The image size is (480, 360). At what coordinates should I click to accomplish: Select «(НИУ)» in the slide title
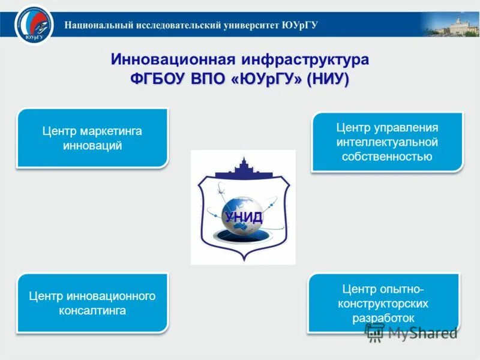328,79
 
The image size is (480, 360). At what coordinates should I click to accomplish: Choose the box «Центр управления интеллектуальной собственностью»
387,142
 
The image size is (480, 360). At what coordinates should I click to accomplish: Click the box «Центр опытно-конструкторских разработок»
383,303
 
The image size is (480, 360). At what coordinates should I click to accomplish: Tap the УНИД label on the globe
244,217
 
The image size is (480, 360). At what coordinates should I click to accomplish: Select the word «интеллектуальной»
387,142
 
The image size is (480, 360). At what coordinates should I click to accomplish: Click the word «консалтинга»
92,311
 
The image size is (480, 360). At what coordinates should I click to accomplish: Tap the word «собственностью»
387,157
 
